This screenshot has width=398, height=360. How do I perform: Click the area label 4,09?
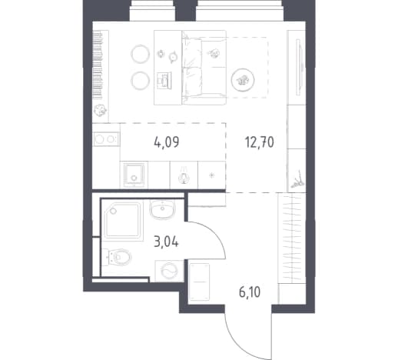click(x=167, y=142)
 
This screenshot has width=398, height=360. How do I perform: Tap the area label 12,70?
click(x=260, y=142)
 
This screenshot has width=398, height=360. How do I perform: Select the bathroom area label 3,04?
click(x=166, y=242)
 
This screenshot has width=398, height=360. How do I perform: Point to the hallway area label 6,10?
click(x=250, y=292)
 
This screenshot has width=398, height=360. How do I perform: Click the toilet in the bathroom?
click(x=117, y=257)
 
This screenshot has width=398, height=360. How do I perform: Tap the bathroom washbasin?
click(x=162, y=209)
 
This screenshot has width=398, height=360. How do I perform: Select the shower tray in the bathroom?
click(x=123, y=221)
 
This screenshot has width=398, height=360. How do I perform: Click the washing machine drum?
click(x=169, y=271)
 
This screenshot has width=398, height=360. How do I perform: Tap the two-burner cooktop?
click(x=106, y=139)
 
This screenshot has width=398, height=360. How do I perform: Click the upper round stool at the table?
click(x=140, y=54)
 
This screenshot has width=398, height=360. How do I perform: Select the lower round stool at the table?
click(x=140, y=80)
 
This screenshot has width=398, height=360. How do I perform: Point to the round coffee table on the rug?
click(x=243, y=80)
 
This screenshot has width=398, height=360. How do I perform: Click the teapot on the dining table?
click(x=173, y=57)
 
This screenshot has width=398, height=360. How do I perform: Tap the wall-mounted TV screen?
click(x=298, y=68)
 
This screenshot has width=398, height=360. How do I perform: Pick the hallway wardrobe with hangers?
click(x=292, y=238)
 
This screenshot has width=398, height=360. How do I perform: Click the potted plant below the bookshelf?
click(x=100, y=111)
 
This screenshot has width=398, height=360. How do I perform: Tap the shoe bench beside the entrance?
click(x=199, y=282)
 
